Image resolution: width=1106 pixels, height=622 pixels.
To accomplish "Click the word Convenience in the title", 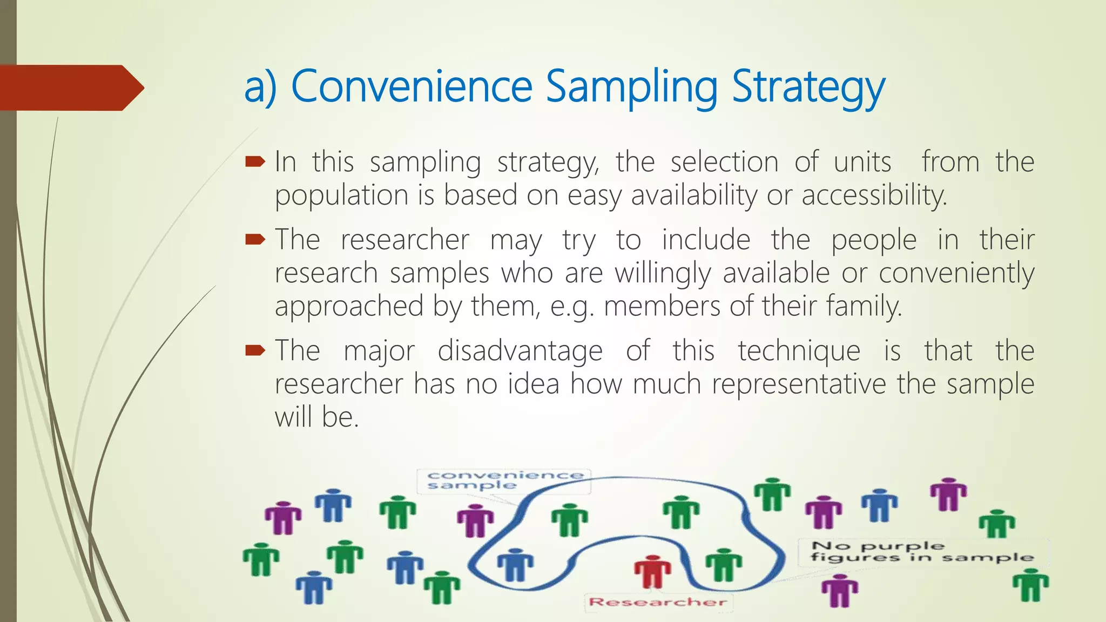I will [x=412, y=86].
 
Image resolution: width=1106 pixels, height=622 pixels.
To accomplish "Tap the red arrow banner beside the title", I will [x=70, y=87].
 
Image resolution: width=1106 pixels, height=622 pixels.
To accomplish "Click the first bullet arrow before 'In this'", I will [x=255, y=161].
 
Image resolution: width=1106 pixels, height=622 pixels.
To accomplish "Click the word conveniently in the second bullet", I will [x=956, y=273].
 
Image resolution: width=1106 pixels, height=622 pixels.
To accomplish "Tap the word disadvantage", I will [x=520, y=351].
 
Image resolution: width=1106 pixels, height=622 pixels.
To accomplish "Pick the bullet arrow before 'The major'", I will [x=255, y=351].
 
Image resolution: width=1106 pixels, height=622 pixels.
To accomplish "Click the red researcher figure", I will [x=652, y=572].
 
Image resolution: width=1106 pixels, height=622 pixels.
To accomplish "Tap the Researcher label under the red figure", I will [x=657, y=602].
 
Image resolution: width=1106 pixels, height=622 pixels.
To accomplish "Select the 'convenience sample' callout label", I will [x=504, y=481].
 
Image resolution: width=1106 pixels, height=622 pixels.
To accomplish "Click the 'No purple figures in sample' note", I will [x=922, y=552].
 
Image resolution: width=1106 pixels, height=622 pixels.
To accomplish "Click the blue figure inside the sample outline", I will [x=515, y=565].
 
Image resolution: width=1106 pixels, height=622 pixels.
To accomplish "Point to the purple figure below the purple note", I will [x=839, y=591].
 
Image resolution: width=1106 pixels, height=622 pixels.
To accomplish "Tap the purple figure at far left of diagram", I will [x=283, y=517].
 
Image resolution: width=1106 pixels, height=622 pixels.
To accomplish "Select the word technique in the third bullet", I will [x=799, y=351].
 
